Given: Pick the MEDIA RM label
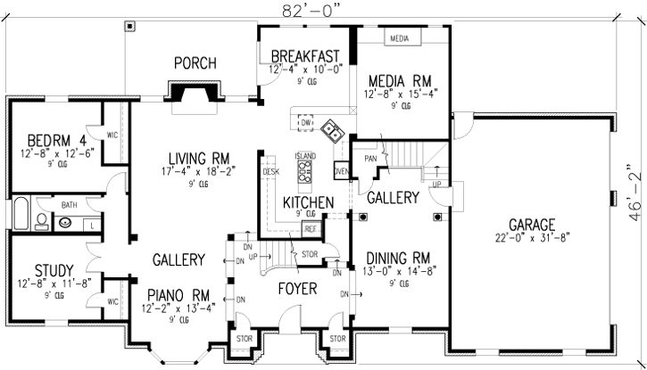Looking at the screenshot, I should pyautogui.click(x=397, y=78).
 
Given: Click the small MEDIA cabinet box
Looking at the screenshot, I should pyautogui.click(x=399, y=39).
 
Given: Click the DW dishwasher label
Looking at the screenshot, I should pyautogui.click(x=305, y=122).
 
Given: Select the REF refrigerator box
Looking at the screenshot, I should pyautogui.click(x=311, y=229).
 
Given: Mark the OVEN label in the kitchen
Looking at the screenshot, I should pyautogui.click(x=340, y=171).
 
